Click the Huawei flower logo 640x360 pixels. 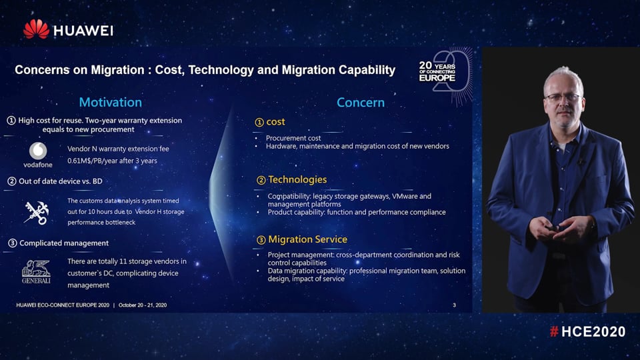coord(36,29)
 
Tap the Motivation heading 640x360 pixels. coord(111,102)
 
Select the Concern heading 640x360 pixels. coord(361,102)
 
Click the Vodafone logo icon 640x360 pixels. coord(38,151)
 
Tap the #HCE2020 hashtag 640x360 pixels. coord(587,331)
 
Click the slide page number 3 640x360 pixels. coord(454,305)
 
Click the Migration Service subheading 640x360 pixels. coord(307,239)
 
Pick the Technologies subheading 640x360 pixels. coord(297,179)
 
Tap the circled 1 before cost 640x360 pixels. coord(260,122)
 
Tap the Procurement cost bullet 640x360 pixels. coord(293,138)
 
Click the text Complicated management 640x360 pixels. coord(64,243)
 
